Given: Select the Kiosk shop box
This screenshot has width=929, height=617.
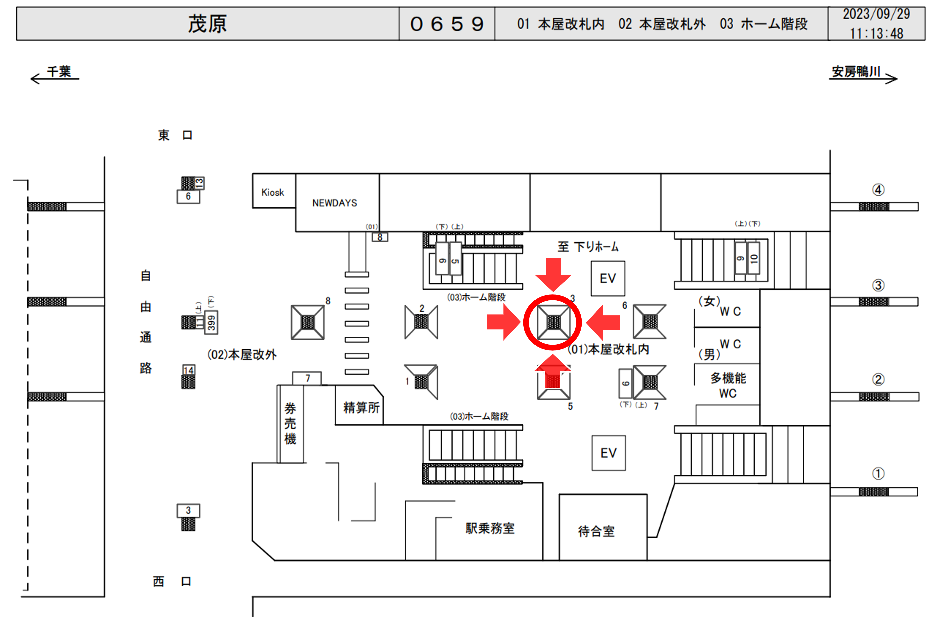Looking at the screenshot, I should click(273, 192).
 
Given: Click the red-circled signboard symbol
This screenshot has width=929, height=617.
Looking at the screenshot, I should click(553, 322).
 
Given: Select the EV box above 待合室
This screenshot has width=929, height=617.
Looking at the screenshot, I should click(608, 453).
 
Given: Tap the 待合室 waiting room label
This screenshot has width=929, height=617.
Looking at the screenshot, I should click(596, 531).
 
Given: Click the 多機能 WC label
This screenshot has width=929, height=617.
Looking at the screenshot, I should click(728, 386).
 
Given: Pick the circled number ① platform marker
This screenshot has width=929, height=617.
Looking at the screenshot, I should click(878, 473).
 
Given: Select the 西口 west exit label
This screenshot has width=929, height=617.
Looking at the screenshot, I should click(172, 581).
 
